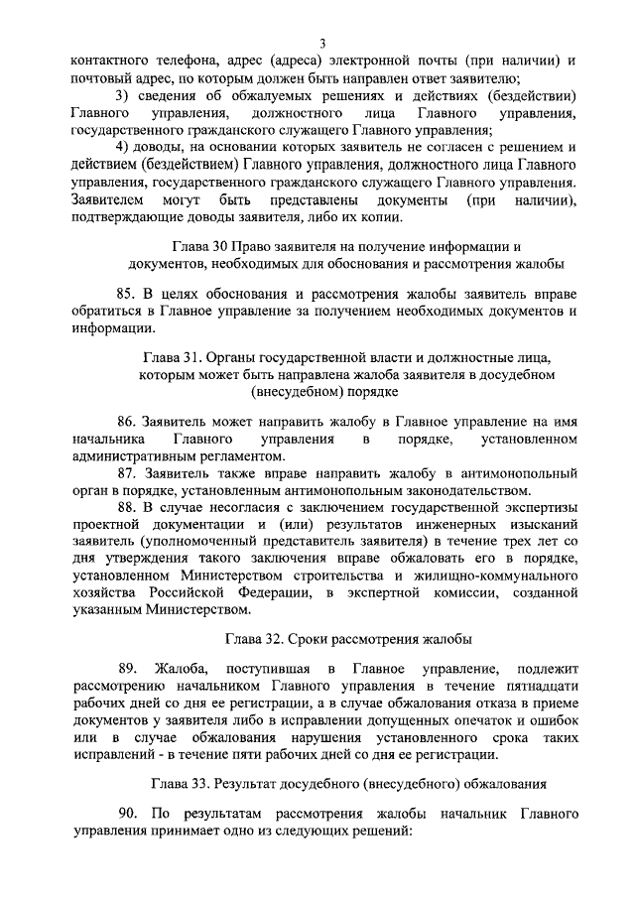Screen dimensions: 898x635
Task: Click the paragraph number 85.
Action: click(x=126, y=295)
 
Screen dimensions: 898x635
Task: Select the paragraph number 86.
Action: click(x=127, y=422)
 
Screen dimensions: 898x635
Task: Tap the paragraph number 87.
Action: click(x=126, y=472)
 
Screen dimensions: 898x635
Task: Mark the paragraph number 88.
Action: click(x=126, y=508)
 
